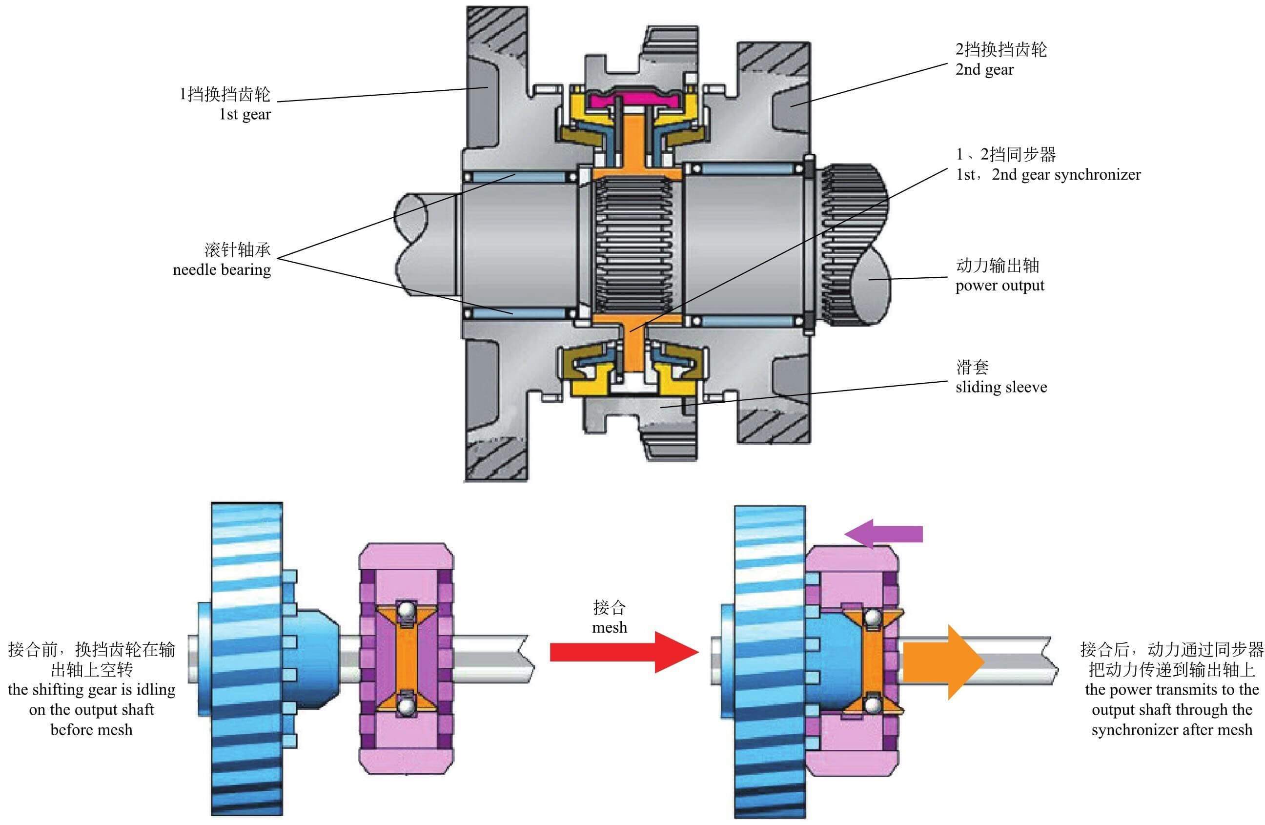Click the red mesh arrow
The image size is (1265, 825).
(622, 652)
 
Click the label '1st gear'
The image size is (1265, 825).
(245, 114)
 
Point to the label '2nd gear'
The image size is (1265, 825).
(984, 70)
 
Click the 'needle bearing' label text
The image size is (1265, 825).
(222, 270)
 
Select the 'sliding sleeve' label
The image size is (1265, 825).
(1001, 387)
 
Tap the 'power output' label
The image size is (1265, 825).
(999, 286)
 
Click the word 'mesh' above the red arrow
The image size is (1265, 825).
(609, 627)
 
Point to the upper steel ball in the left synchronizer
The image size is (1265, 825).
(407, 610)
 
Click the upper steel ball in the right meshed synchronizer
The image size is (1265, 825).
(872, 618)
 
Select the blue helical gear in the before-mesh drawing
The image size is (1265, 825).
(247, 659)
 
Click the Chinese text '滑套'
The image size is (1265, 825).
(972, 367)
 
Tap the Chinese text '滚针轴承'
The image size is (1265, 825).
(238, 249)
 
